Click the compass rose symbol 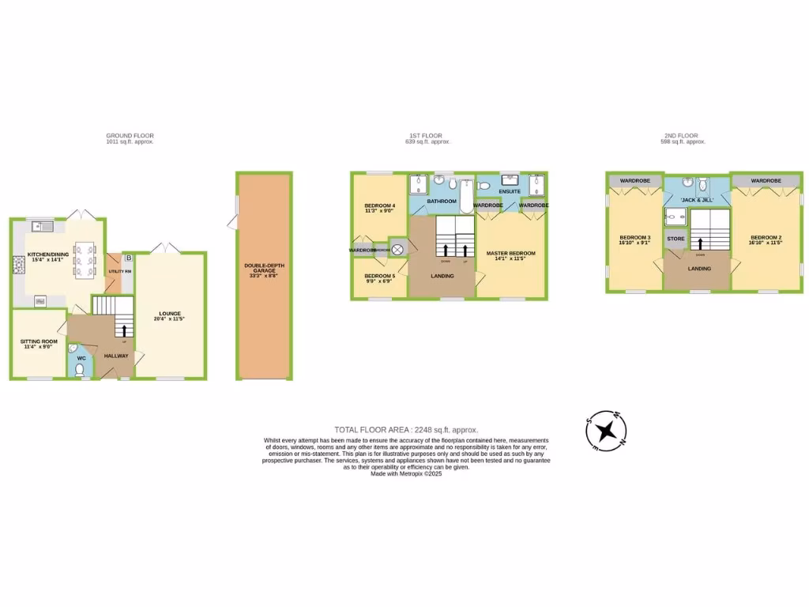click(607, 430)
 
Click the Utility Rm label click(117, 272)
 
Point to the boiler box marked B click(128, 258)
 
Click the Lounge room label click(170, 315)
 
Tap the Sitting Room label click(36, 343)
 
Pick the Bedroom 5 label click(379, 277)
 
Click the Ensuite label click(510, 191)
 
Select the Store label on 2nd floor click(675, 238)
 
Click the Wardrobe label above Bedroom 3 click(634, 181)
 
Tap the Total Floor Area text click(407, 430)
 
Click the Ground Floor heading click(130, 136)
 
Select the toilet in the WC click(79, 368)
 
